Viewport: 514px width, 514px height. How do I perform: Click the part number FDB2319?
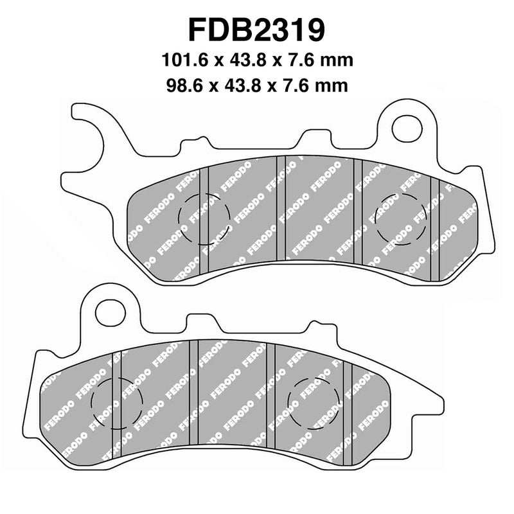(256, 30)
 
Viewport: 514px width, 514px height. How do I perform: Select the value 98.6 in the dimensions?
(182, 84)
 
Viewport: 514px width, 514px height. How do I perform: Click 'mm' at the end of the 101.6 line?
(337, 61)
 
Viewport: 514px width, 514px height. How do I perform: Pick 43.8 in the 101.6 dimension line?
(242, 61)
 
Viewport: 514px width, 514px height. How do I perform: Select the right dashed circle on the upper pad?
(400, 217)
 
